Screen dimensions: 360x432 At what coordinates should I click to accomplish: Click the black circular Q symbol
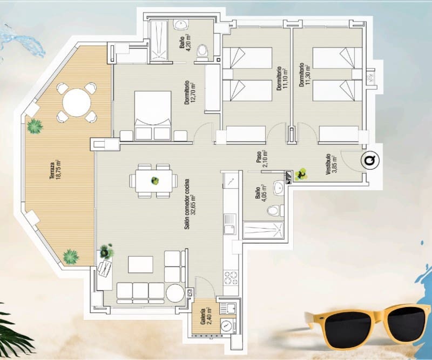(x=370, y=161)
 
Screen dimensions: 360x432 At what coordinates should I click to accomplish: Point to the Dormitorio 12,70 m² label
(x=188, y=92)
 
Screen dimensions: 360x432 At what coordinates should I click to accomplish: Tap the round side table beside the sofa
(x=175, y=294)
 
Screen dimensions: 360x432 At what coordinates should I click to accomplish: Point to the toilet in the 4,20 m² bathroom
(x=202, y=51)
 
